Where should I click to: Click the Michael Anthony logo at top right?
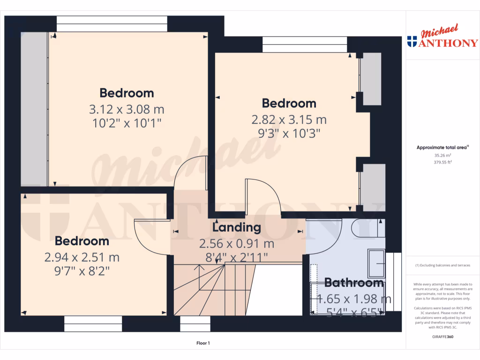(x=443, y=37)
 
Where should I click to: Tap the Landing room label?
(x=237, y=228)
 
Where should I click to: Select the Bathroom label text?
(x=354, y=283)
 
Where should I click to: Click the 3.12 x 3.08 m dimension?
(x=127, y=110)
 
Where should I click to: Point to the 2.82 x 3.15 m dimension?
(x=289, y=120)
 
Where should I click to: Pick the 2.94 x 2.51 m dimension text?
(x=82, y=257)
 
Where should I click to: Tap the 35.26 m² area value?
(x=442, y=155)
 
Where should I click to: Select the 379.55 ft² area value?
(x=442, y=162)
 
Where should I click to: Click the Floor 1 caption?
(x=203, y=343)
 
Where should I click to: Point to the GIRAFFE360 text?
(x=442, y=337)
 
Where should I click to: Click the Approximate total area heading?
(x=442, y=148)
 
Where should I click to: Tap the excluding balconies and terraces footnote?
(x=442, y=265)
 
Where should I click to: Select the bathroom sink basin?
(x=377, y=263)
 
